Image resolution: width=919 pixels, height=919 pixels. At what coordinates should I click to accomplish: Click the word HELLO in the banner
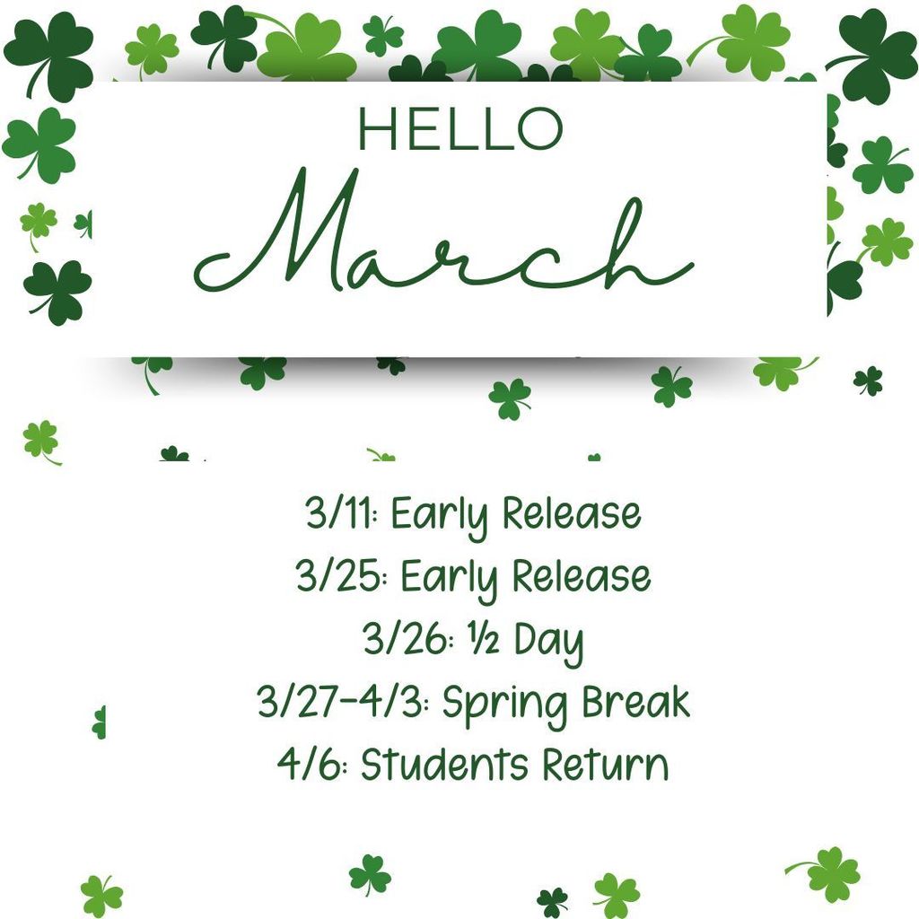[459, 128]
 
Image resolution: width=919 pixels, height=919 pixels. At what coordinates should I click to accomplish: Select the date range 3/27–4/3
[345, 703]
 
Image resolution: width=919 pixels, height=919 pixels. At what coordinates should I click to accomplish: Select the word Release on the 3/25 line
[581, 577]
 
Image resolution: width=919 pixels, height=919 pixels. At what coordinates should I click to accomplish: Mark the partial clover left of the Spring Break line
[99, 722]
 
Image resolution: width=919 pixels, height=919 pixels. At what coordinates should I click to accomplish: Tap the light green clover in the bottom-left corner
[101, 895]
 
